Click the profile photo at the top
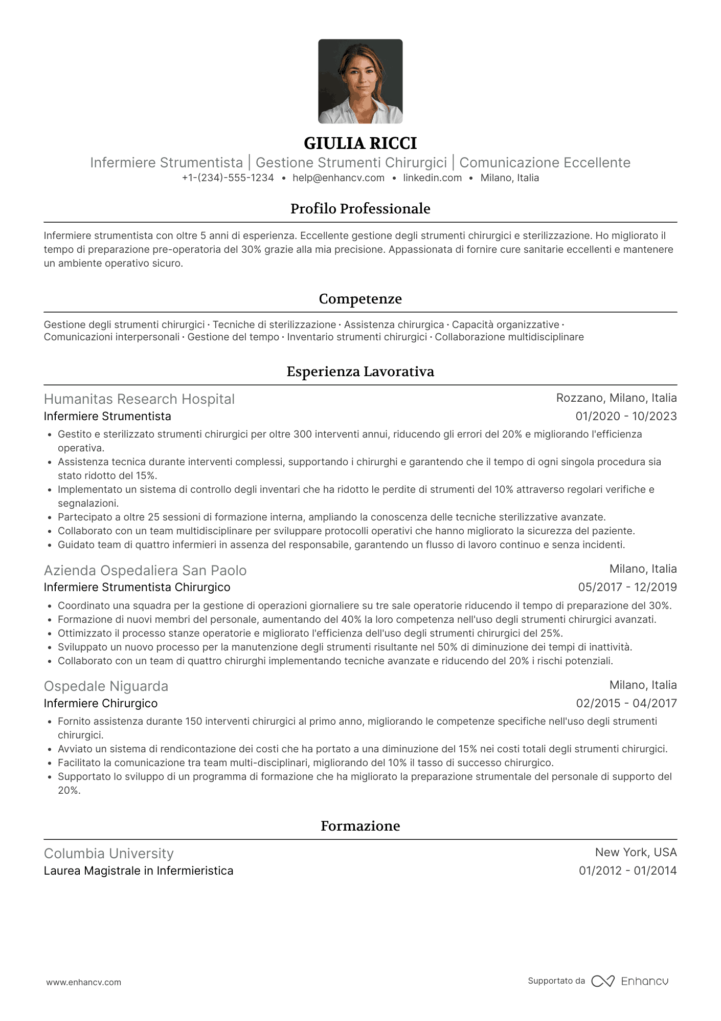point(360,81)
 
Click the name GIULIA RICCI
point(360,143)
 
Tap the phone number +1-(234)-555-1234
point(228,178)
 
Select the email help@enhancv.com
point(339,178)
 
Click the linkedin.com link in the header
point(432,178)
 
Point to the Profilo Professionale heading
point(360,209)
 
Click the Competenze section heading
point(360,299)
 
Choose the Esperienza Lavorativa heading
point(360,372)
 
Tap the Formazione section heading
point(360,826)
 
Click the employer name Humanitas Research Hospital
point(139,399)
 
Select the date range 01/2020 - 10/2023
point(626,417)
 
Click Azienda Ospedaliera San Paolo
point(145,571)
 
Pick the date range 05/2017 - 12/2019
point(627,588)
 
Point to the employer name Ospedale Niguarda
point(106,686)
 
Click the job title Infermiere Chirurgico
point(101,704)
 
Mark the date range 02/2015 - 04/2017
point(626,704)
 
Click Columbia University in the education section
point(108,854)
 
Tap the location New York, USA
point(636,853)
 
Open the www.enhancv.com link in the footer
point(84,983)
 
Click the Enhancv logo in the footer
point(630,981)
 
